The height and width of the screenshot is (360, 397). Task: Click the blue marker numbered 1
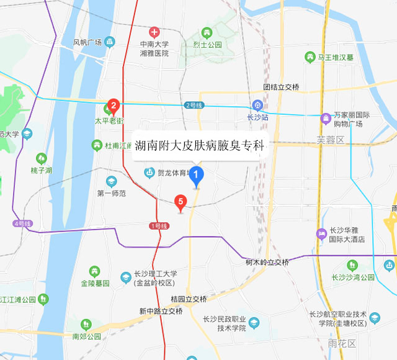point(197,177)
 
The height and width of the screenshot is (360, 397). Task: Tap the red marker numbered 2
point(114,106)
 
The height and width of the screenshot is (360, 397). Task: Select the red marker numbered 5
point(181,201)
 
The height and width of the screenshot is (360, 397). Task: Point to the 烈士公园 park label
point(207,45)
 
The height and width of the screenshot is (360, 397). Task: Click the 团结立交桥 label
point(280,87)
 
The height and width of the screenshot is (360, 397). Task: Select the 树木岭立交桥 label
point(267,262)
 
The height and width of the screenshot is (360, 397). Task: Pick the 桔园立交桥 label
point(189,299)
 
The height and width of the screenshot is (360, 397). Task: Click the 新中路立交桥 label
point(161,311)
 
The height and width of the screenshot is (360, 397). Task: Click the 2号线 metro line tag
point(194,105)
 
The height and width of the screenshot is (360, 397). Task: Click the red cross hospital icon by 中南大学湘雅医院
point(154,32)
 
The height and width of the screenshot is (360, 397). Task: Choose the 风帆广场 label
point(87,42)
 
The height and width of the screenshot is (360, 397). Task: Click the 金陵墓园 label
point(94,282)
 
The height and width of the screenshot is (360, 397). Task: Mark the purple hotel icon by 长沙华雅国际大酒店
point(321,234)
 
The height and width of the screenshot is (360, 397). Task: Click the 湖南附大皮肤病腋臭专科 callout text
point(199,147)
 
